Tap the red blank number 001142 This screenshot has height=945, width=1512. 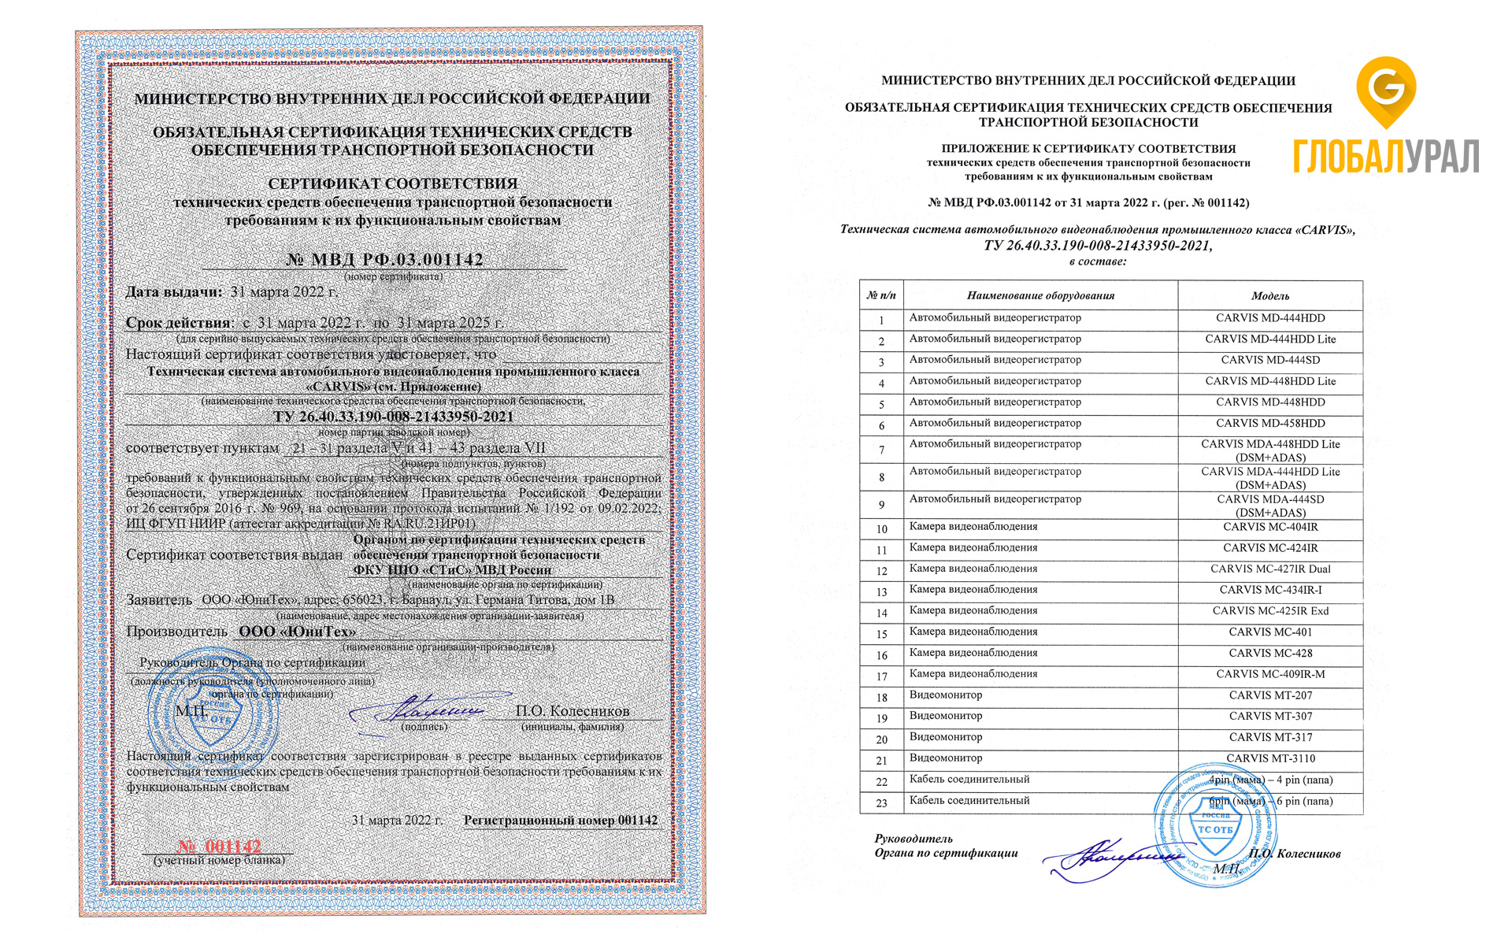220,847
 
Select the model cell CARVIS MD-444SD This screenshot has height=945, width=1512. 1270,360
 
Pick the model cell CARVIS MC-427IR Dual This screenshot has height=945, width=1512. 1270,569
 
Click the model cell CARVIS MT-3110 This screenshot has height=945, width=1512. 1270,758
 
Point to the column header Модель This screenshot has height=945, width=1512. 1270,296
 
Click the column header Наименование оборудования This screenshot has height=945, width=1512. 1040,296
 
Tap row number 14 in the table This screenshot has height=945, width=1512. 881,613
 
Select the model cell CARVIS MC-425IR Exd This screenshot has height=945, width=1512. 1270,611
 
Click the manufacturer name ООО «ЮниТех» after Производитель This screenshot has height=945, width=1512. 297,632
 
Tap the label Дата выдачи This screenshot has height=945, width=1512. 174,292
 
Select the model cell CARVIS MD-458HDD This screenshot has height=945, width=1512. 1270,423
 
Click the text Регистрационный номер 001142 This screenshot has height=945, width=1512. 560,821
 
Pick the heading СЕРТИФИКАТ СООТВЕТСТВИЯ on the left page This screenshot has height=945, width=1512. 392,183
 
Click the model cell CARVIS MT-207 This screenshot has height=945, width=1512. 1270,695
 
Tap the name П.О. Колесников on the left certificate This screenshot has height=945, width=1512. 573,711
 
